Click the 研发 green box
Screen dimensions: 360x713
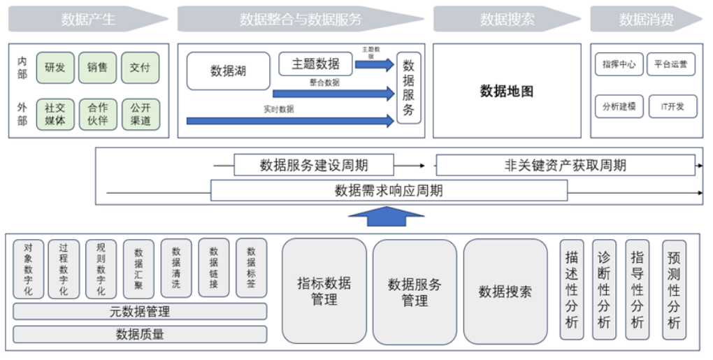55,68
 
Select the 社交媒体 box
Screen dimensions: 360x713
55,114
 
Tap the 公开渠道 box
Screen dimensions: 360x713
141,114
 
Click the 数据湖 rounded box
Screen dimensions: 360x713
228,71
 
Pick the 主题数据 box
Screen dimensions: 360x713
315,64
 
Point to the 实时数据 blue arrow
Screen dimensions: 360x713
290,121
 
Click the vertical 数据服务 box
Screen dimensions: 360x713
409,87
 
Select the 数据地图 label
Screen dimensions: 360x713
507,91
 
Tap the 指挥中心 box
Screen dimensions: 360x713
619,64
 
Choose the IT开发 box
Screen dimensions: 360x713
672,106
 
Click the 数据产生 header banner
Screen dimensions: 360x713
87,20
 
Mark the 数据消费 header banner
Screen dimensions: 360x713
645,20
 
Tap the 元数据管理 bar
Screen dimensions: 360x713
140,311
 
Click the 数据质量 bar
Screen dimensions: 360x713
140,334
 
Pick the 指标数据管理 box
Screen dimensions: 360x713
324,291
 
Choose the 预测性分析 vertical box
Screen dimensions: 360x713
674,290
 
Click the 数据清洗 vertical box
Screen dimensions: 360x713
176,268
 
